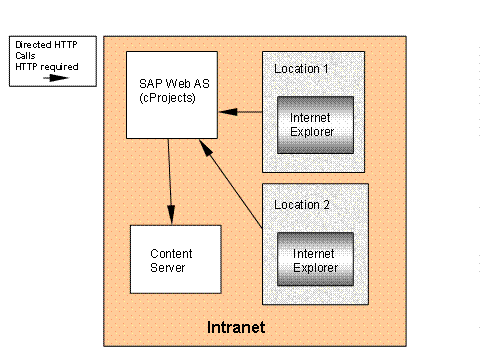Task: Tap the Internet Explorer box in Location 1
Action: click(316, 124)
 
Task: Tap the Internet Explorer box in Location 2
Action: click(316, 260)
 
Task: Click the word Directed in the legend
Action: click(29, 45)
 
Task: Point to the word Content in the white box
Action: click(170, 253)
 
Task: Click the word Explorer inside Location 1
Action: click(316, 131)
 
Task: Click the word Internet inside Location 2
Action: click(315, 254)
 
